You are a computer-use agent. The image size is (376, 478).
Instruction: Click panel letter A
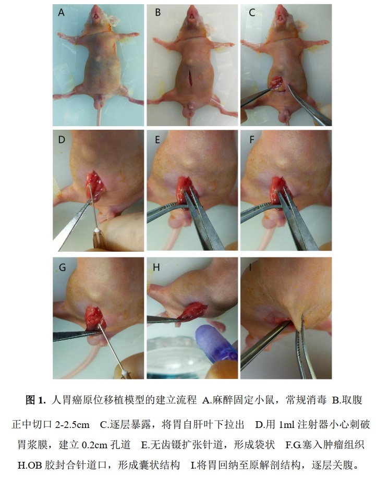(62, 13)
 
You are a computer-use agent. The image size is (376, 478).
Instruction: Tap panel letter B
(157, 13)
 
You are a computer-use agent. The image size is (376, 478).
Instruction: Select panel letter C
(252, 13)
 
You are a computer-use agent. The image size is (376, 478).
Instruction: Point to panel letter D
(62, 140)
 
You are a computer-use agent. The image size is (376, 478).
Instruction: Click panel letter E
(157, 140)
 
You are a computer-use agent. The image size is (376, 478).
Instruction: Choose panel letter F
(252, 140)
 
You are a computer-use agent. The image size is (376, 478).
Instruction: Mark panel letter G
(62, 267)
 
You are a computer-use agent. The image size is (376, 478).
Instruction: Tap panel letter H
(156, 267)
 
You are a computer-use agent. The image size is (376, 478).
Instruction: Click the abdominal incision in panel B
(190, 78)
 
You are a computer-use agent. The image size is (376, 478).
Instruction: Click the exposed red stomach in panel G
(95, 318)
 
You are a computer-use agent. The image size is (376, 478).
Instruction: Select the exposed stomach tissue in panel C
(277, 82)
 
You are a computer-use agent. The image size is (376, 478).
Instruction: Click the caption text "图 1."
(35, 400)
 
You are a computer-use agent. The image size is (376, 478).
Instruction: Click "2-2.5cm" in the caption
(72, 424)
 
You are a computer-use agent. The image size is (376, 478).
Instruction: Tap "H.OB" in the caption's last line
(30, 465)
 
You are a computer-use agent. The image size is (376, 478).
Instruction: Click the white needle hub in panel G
(125, 373)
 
